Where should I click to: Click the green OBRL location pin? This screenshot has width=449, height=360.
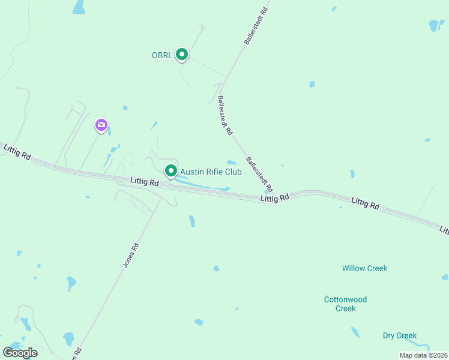tap(182, 55)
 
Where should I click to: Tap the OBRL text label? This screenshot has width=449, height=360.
tap(162, 56)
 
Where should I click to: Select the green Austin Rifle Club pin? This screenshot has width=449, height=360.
tap(171, 171)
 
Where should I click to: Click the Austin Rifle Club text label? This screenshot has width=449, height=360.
tap(211, 172)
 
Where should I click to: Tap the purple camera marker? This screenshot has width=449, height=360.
tap(101, 125)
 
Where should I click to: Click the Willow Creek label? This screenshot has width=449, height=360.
tap(364, 268)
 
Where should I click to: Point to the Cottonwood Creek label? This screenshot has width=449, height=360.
tap(345, 304)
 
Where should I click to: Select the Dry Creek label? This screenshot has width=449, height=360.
tap(399, 335)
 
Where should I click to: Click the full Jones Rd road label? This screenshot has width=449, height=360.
tap(131, 254)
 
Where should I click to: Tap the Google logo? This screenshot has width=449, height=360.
tap(20, 352)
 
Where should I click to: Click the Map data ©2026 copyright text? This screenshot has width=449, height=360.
tap(423, 355)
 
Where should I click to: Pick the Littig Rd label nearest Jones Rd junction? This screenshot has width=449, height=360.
tap(145, 181)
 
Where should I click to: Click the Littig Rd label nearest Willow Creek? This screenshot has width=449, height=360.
tap(366, 203)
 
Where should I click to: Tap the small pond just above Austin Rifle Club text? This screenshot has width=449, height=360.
tap(231, 162)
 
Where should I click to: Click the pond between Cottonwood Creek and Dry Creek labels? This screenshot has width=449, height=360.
tap(355, 332)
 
